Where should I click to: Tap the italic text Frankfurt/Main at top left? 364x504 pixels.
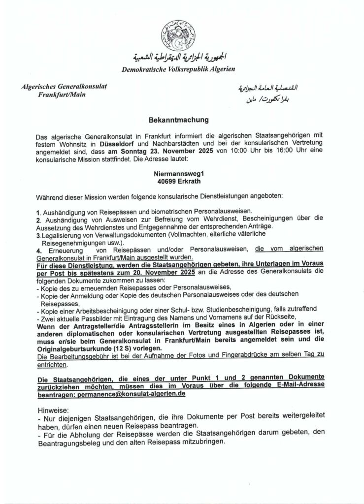[62, 94]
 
